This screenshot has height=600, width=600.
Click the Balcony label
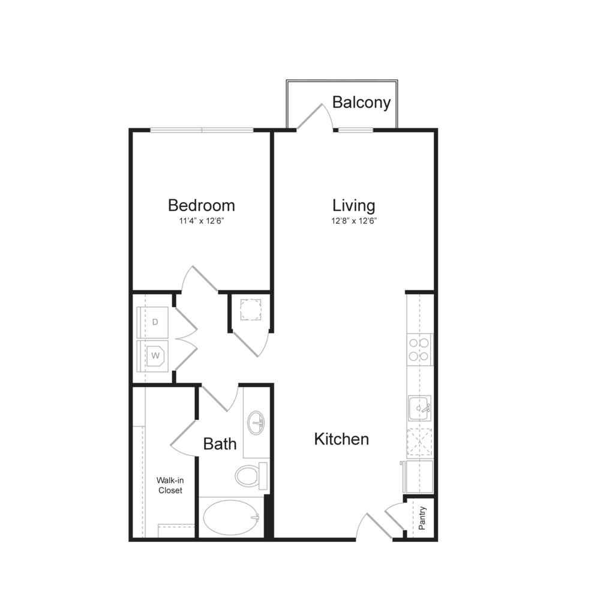pyautogui.click(x=361, y=103)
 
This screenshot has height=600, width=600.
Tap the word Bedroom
pyautogui.click(x=201, y=205)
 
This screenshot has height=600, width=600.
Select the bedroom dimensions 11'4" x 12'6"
pyautogui.click(x=201, y=221)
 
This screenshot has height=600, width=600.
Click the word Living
pyautogui.click(x=354, y=205)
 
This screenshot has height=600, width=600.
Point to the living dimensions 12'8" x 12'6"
pyautogui.click(x=354, y=221)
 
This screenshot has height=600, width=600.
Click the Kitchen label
pyautogui.click(x=341, y=439)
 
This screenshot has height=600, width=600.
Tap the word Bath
pyautogui.click(x=220, y=444)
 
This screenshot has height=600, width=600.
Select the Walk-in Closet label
pyautogui.click(x=170, y=485)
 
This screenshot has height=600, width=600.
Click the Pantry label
pyautogui.click(x=422, y=518)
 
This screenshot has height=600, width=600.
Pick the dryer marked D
pyautogui.click(x=155, y=322)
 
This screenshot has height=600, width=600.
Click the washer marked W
pyautogui.click(x=155, y=355)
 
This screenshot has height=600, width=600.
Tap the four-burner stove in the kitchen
pyautogui.click(x=419, y=350)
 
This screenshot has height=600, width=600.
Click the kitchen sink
pyautogui.click(x=419, y=409)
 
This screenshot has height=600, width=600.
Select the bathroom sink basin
pyautogui.click(x=256, y=422)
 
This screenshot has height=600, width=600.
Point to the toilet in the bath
pyautogui.click(x=249, y=476)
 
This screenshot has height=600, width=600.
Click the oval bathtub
pyautogui.click(x=230, y=517)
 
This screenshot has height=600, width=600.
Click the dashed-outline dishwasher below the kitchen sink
pyautogui.click(x=419, y=443)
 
